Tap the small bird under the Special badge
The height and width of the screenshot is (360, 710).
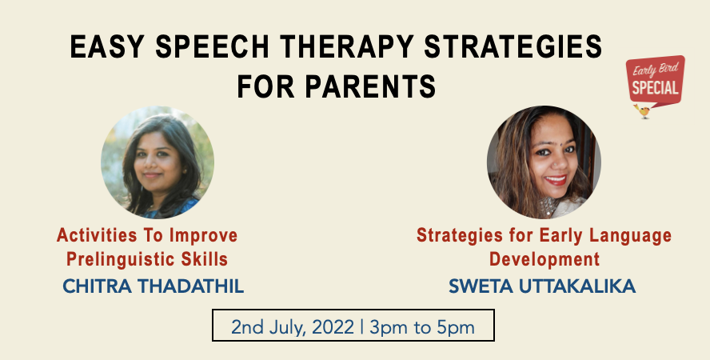tap(644, 112)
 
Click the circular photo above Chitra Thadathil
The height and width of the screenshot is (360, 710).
tap(158, 163)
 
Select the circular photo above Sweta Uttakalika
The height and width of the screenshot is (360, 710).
tap(544, 163)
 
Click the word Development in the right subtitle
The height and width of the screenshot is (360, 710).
tap(544, 259)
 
